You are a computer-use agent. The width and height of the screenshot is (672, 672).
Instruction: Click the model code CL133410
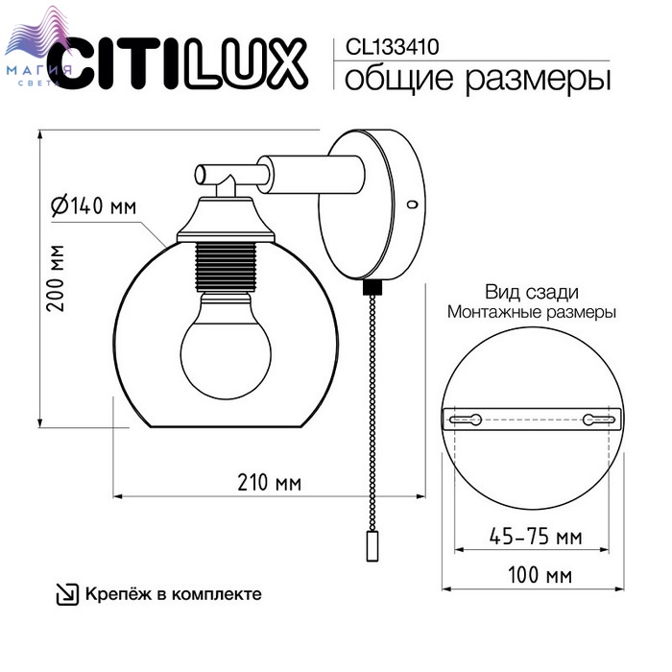point(392,46)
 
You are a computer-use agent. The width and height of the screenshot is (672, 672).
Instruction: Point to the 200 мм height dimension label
point(56,278)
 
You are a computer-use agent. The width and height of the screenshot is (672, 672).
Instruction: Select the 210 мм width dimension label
point(269,483)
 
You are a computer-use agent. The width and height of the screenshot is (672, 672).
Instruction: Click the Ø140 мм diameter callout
point(94,205)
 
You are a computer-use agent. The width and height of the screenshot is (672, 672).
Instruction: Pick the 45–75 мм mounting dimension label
point(536,537)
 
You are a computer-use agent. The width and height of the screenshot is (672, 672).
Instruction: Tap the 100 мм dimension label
point(540,575)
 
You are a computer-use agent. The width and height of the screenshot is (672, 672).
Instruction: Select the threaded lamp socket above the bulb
point(226,267)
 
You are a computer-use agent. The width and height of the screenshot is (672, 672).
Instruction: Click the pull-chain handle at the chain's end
point(372,545)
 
